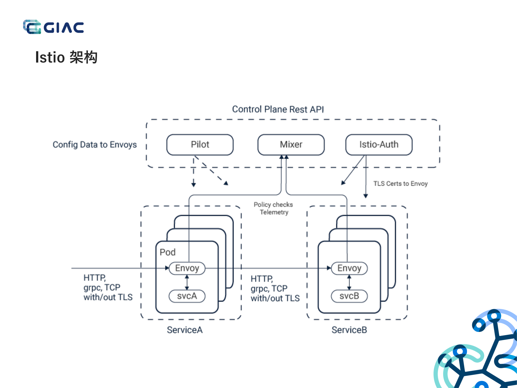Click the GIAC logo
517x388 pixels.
coord(53,27)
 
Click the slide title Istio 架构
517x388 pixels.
coord(66,57)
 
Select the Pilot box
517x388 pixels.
coord(200,145)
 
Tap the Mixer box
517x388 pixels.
coord(291,145)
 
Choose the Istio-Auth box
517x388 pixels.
coord(379,145)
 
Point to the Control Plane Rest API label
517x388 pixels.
coord(278,109)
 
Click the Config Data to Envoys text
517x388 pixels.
coord(95,145)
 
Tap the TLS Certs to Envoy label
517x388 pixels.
coord(400,184)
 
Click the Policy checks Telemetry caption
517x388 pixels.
coord(273,208)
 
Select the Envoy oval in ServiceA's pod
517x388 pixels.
coord(187,268)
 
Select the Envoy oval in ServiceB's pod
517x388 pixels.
coord(349,268)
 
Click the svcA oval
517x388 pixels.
coord(187,296)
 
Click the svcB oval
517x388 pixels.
coord(349,296)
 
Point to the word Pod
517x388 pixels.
coord(167,252)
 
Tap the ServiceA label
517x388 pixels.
coord(185,330)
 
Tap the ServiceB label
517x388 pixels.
coord(349,330)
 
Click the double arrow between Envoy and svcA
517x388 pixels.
coord(187,282)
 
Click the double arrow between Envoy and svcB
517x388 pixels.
coord(349,282)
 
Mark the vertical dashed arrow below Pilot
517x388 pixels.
coord(193,173)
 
